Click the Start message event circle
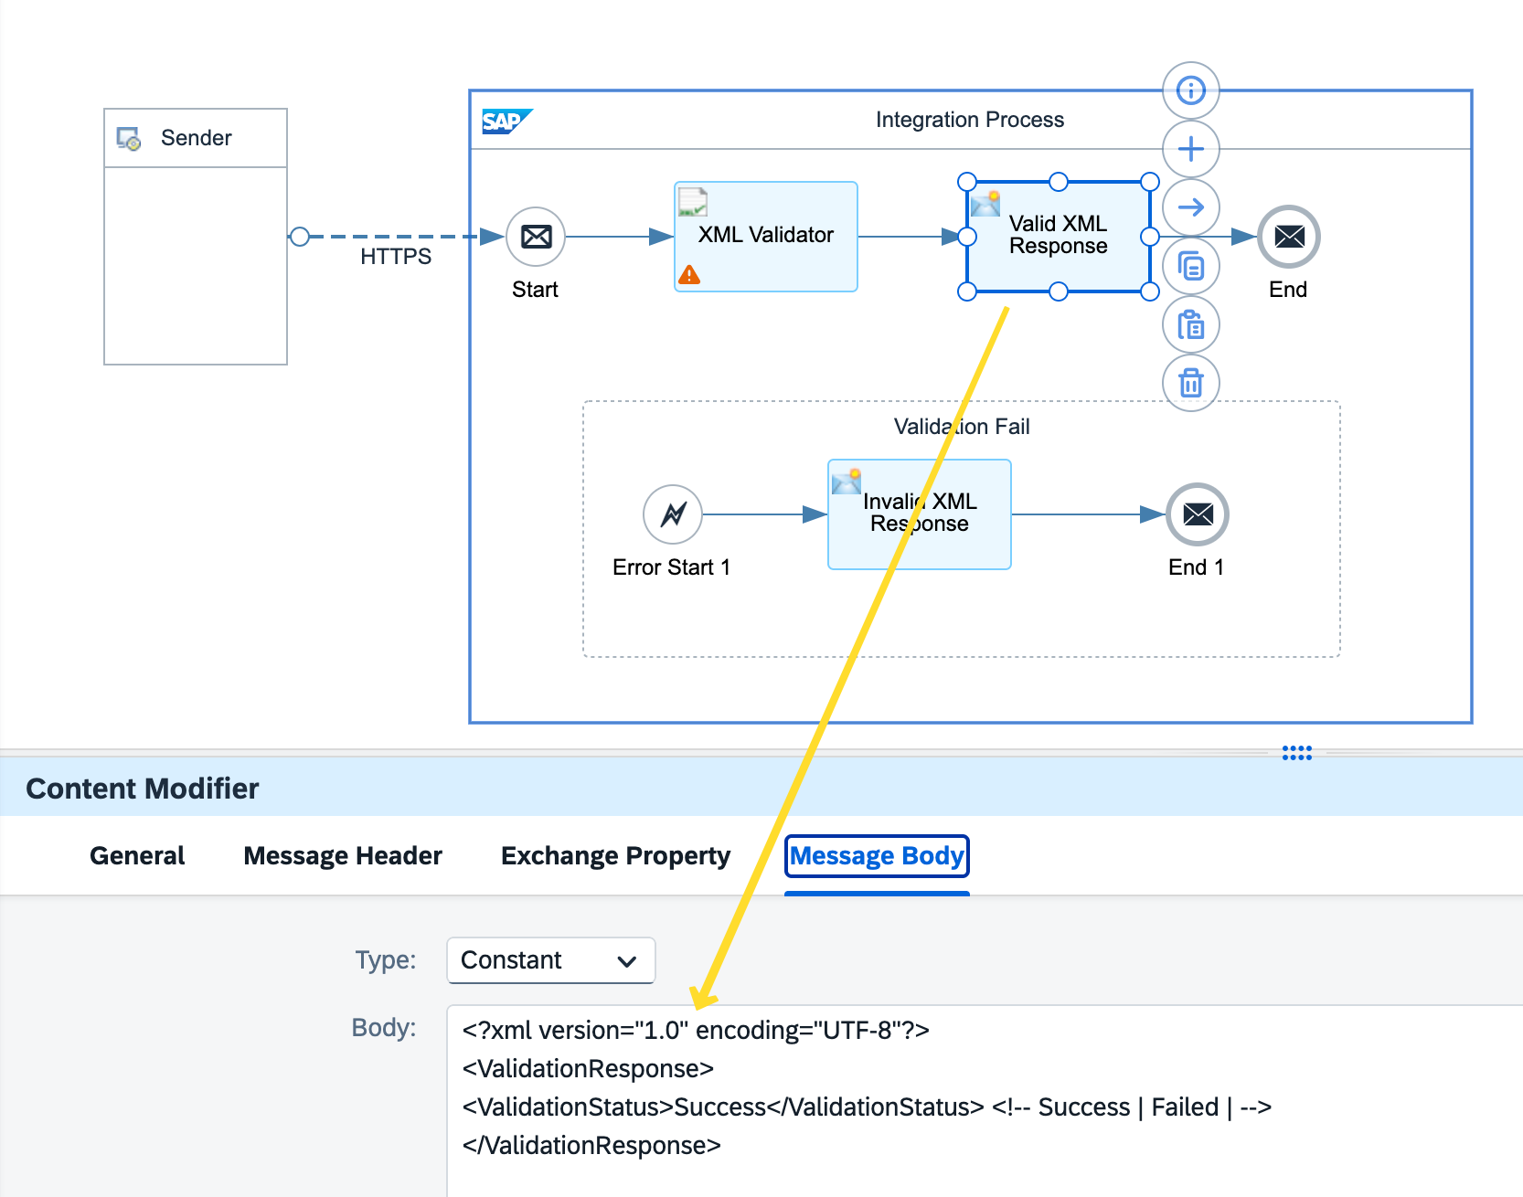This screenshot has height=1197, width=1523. click(x=536, y=237)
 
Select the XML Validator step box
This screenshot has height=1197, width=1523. click(x=766, y=236)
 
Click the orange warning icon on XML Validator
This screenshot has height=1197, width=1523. click(x=689, y=274)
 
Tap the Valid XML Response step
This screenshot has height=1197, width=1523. click(x=1058, y=236)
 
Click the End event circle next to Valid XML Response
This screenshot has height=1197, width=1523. click(x=1289, y=237)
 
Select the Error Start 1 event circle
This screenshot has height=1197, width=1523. click(x=673, y=514)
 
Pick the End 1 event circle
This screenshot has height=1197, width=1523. click(x=1198, y=514)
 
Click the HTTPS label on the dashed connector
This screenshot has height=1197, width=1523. click(x=396, y=257)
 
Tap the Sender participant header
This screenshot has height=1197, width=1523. click(x=196, y=138)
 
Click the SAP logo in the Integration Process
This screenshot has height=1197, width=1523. click(x=506, y=121)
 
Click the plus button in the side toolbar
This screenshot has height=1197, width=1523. click(x=1190, y=149)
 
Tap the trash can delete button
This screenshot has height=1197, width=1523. click(x=1190, y=383)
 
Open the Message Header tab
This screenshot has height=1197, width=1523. click(x=343, y=856)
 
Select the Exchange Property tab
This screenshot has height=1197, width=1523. click(x=615, y=856)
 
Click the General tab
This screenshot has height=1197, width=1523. click(x=137, y=856)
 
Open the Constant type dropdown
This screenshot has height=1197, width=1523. click(x=550, y=960)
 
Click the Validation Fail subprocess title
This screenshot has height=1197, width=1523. click(x=962, y=427)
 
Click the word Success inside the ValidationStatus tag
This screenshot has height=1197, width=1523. click(x=719, y=1107)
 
